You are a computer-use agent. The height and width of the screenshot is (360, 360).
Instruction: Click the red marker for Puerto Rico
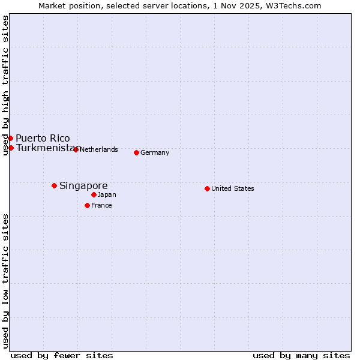pyautogui.click(x=10, y=138)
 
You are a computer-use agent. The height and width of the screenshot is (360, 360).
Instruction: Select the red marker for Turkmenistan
pyautogui.click(x=11, y=148)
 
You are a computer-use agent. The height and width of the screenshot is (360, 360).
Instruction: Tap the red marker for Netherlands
pyautogui.click(x=76, y=149)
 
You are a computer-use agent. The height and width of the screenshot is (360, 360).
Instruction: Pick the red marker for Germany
pyautogui.click(x=136, y=152)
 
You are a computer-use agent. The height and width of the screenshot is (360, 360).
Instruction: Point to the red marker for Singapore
pyautogui.click(x=54, y=185)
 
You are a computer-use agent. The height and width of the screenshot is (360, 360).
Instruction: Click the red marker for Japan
pyautogui.click(x=94, y=194)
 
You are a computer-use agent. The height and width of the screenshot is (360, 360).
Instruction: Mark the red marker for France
pyautogui.click(x=87, y=205)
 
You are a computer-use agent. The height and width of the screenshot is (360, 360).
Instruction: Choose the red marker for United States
pyautogui.click(x=207, y=188)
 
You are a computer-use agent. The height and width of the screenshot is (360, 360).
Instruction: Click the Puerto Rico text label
pyautogui.click(x=43, y=138)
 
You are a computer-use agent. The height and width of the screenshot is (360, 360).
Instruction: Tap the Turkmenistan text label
pyautogui.click(x=47, y=148)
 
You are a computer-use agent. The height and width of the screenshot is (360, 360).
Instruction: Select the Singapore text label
pyautogui.click(x=83, y=185)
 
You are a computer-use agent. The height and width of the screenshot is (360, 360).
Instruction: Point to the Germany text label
pyautogui.click(x=155, y=152)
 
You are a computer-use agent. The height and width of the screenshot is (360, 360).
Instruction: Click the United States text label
pyautogui.click(x=233, y=188)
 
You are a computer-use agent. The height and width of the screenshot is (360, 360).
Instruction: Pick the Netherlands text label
pyautogui.click(x=98, y=149)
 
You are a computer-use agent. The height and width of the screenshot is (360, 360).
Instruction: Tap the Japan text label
pyautogui.click(x=107, y=194)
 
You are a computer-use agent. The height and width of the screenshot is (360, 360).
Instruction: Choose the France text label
pyautogui.click(x=101, y=205)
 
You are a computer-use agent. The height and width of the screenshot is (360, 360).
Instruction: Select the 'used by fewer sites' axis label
pyautogui.click(x=62, y=355)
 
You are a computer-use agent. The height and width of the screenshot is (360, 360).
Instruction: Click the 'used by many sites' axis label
pyautogui.click(x=301, y=355)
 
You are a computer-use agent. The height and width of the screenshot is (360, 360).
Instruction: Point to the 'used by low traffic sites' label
pyautogui.click(x=5, y=280)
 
